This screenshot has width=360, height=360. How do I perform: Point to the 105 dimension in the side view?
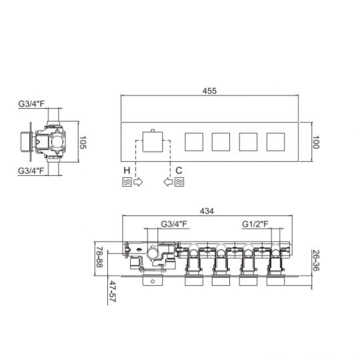point(84,141)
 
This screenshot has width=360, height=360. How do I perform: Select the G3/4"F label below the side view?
point(32,172)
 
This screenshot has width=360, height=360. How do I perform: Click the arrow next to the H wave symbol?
point(139,182)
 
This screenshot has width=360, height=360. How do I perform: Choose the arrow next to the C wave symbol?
point(167,182)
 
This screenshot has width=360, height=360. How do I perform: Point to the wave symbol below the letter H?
point(127,182)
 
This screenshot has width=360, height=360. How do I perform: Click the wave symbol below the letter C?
point(179,182)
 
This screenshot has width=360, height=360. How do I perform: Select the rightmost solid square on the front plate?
point(275,142)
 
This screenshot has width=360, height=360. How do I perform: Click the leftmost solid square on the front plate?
point(193,142)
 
